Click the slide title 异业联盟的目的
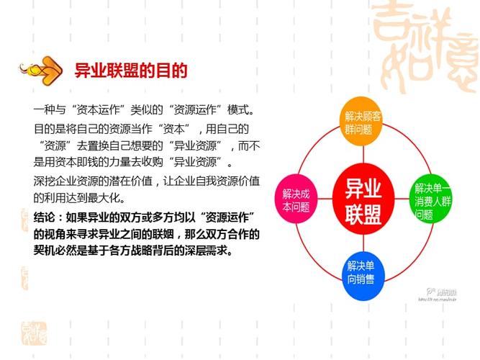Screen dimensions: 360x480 tap(131, 71)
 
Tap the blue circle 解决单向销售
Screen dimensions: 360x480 tap(365, 272)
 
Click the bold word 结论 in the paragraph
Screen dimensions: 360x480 tap(45, 217)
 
